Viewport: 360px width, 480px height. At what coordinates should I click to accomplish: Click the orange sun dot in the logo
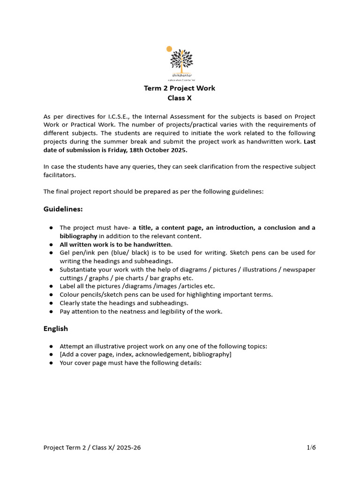point(169,48)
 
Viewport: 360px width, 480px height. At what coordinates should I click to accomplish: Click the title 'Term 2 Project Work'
point(180,88)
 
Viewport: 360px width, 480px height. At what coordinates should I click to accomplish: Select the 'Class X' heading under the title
point(180,98)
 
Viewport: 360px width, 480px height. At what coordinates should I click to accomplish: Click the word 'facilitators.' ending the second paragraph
point(59,175)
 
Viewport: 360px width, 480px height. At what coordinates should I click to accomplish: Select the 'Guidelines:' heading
point(63,209)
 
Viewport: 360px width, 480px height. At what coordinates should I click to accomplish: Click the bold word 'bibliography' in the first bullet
point(78,236)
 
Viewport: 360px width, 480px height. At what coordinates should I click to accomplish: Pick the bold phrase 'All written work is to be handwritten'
point(115,244)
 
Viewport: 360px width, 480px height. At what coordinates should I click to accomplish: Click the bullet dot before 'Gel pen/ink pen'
point(51,253)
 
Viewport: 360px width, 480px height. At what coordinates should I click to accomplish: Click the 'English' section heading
point(56,329)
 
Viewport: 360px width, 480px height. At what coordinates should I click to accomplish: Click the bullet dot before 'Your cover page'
point(51,363)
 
